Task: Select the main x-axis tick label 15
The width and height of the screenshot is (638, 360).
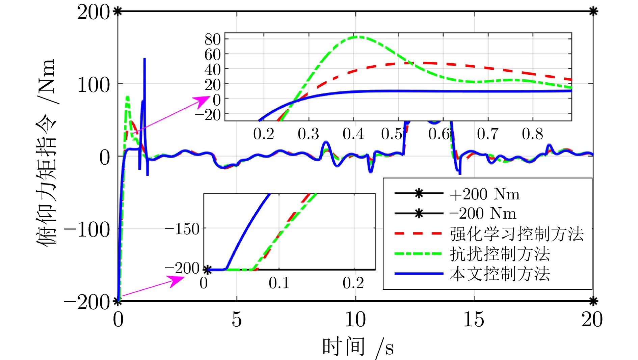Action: click(474, 319)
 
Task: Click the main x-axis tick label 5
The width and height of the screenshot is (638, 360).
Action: click(237, 319)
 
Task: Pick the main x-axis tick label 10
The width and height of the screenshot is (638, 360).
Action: click(355, 319)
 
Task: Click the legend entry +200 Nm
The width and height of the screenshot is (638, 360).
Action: click(485, 194)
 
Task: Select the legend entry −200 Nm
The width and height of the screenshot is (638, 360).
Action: click(483, 214)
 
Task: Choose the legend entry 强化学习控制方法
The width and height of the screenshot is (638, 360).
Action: click(516, 234)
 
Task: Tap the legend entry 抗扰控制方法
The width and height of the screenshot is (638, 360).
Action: click(500, 254)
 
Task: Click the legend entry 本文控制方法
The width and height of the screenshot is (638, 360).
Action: click(500, 274)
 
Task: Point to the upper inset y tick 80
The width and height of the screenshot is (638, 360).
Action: click(213, 39)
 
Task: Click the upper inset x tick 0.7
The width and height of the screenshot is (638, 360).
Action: click(487, 134)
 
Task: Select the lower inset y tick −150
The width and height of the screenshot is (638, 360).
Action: click(183, 229)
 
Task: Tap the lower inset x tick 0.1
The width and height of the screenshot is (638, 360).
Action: click(279, 283)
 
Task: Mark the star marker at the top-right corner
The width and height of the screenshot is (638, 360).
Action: click(593, 12)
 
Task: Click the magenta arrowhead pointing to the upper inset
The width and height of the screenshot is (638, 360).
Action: click(204, 100)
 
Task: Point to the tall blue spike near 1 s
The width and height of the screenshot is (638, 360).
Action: click(144, 61)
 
